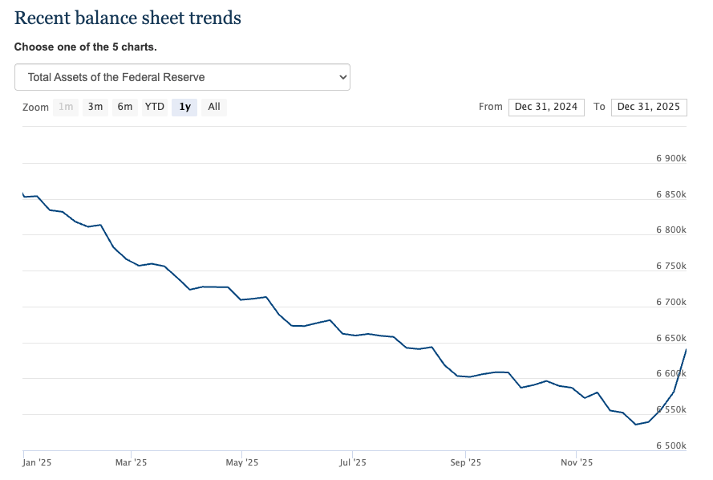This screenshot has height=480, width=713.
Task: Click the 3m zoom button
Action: (x=95, y=107)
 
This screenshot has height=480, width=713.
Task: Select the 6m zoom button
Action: (x=124, y=107)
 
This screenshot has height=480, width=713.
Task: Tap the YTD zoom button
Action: (x=154, y=107)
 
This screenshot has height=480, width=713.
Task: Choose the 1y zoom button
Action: (x=184, y=107)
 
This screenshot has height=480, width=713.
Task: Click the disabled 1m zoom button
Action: (x=66, y=107)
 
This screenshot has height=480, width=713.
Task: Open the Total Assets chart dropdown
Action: (x=182, y=77)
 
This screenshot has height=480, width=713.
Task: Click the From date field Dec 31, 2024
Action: (x=546, y=107)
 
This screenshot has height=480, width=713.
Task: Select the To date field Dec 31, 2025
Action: (x=648, y=107)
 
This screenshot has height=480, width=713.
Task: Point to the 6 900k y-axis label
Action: (x=670, y=159)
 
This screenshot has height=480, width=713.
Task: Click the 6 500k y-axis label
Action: (x=670, y=445)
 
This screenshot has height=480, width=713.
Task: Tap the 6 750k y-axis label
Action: (x=670, y=266)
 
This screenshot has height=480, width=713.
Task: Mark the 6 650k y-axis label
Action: (x=670, y=338)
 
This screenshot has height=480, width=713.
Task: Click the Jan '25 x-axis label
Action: (x=37, y=462)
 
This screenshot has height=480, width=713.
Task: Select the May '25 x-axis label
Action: (x=241, y=462)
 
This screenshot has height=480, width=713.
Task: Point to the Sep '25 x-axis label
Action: (x=464, y=462)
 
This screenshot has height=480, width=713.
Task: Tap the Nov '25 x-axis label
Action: (x=576, y=462)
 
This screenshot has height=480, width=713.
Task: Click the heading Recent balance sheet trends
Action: (x=128, y=18)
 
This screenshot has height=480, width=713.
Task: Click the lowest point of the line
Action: (x=636, y=425)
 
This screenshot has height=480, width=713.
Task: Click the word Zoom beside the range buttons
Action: (x=35, y=107)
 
